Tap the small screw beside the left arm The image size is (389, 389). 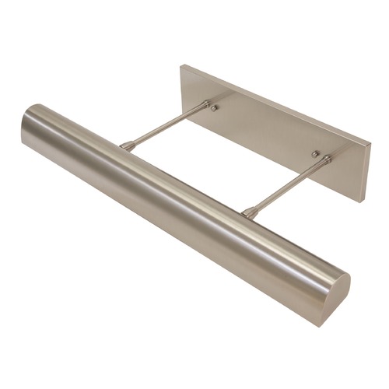pos(216,108)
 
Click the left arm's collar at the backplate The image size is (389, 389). pos(203,106)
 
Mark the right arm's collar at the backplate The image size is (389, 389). pos(325,161)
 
